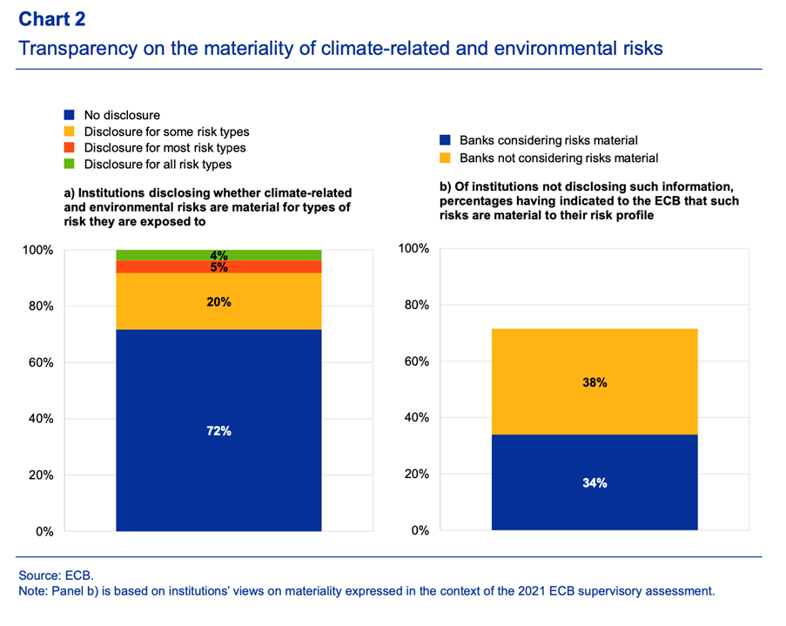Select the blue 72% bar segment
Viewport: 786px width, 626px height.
coord(218,430)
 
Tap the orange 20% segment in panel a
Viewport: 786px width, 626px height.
coord(218,301)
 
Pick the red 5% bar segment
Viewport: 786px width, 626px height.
coord(218,267)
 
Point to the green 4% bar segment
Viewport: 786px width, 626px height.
coord(218,255)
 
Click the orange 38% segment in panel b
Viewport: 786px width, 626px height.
coord(595,381)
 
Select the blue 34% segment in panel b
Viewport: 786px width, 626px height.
coord(595,482)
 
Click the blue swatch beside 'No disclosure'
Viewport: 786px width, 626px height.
coord(70,115)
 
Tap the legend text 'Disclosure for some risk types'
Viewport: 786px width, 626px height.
coord(166,131)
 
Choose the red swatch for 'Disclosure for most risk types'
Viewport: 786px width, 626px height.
coord(70,148)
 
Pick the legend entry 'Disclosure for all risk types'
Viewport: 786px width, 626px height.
coord(158,164)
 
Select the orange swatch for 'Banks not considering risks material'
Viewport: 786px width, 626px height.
coord(444,158)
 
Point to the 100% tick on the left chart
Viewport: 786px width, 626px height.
coord(37,251)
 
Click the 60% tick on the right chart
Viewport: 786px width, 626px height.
coord(415,362)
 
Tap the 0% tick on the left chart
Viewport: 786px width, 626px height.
coord(44,531)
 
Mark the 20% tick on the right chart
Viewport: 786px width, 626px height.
coord(415,475)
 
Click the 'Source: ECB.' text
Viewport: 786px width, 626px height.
coord(56,576)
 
